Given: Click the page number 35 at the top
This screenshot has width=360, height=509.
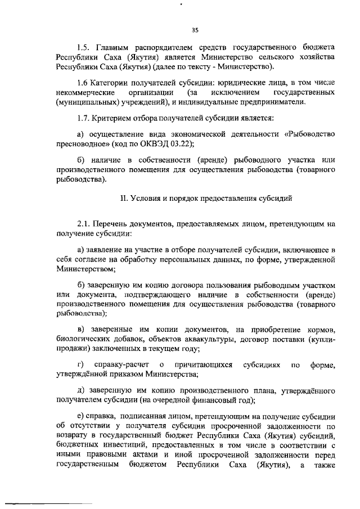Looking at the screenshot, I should (x=195, y=30).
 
